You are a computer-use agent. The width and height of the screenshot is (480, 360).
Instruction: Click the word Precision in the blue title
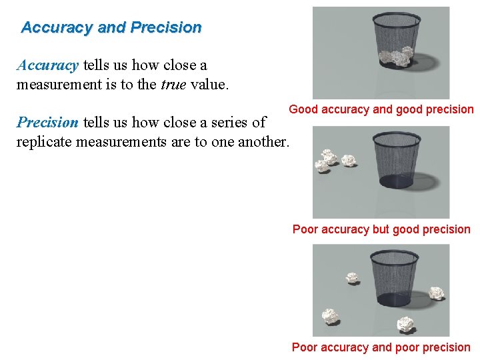[x=166, y=28]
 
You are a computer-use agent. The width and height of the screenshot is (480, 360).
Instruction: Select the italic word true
[x=174, y=85]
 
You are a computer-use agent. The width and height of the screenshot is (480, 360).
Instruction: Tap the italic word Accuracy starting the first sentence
[x=47, y=65]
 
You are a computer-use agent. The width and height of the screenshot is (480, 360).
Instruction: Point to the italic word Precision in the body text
[x=47, y=122]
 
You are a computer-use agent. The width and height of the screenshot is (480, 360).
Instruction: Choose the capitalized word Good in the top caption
[x=303, y=109]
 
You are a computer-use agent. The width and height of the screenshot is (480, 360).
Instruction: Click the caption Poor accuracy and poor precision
[x=381, y=347]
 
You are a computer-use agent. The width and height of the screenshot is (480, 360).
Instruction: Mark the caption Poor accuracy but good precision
[x=381, y=229]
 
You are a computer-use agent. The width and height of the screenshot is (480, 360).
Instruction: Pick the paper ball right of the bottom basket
[x=437, y=291]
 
